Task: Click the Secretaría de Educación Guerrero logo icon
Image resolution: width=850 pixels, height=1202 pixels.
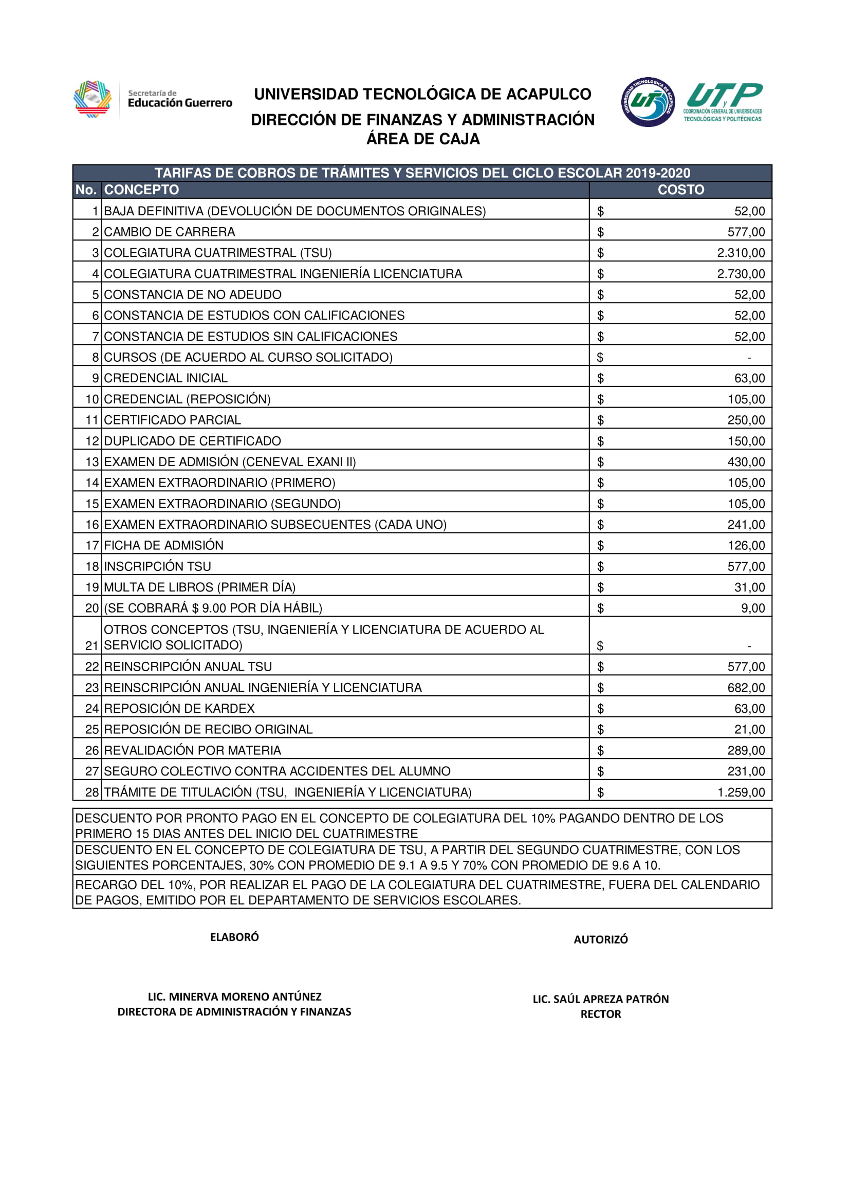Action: [93, 99]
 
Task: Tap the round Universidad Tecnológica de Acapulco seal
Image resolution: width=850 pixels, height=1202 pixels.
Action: [648, 102]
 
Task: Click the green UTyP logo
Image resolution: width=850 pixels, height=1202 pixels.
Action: [724, 102]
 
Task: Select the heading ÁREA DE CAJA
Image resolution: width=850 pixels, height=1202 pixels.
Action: [423, 139]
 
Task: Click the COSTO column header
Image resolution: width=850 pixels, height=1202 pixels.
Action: [680, 190]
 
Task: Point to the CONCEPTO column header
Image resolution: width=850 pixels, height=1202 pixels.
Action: [141, 190]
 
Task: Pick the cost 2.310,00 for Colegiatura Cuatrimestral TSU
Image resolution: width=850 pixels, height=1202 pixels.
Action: [741, 253]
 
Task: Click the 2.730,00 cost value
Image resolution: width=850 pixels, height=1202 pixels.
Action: [741, 274]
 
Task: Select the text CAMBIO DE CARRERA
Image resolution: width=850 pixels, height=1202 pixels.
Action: [170, 232]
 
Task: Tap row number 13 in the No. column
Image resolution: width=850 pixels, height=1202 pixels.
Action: [92, 462]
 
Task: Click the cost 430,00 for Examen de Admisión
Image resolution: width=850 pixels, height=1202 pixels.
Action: [746, 462]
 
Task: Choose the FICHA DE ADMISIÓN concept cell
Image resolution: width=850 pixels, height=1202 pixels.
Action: [164, 546]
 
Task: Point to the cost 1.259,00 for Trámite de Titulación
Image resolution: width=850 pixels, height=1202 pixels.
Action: [741, 792]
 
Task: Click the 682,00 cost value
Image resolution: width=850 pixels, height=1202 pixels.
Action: [746, 688]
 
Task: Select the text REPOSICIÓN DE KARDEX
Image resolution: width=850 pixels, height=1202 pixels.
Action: [179, 708]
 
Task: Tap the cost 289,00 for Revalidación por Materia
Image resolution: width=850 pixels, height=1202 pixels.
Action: [746, 750]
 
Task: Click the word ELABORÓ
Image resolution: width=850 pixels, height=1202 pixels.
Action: [234, 937]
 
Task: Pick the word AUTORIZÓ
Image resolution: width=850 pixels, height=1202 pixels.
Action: [601, 940]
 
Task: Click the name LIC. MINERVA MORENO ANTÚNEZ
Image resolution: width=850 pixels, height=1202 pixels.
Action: [234, 997]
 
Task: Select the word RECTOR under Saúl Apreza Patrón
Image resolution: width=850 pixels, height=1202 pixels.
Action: [601, 1014]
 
